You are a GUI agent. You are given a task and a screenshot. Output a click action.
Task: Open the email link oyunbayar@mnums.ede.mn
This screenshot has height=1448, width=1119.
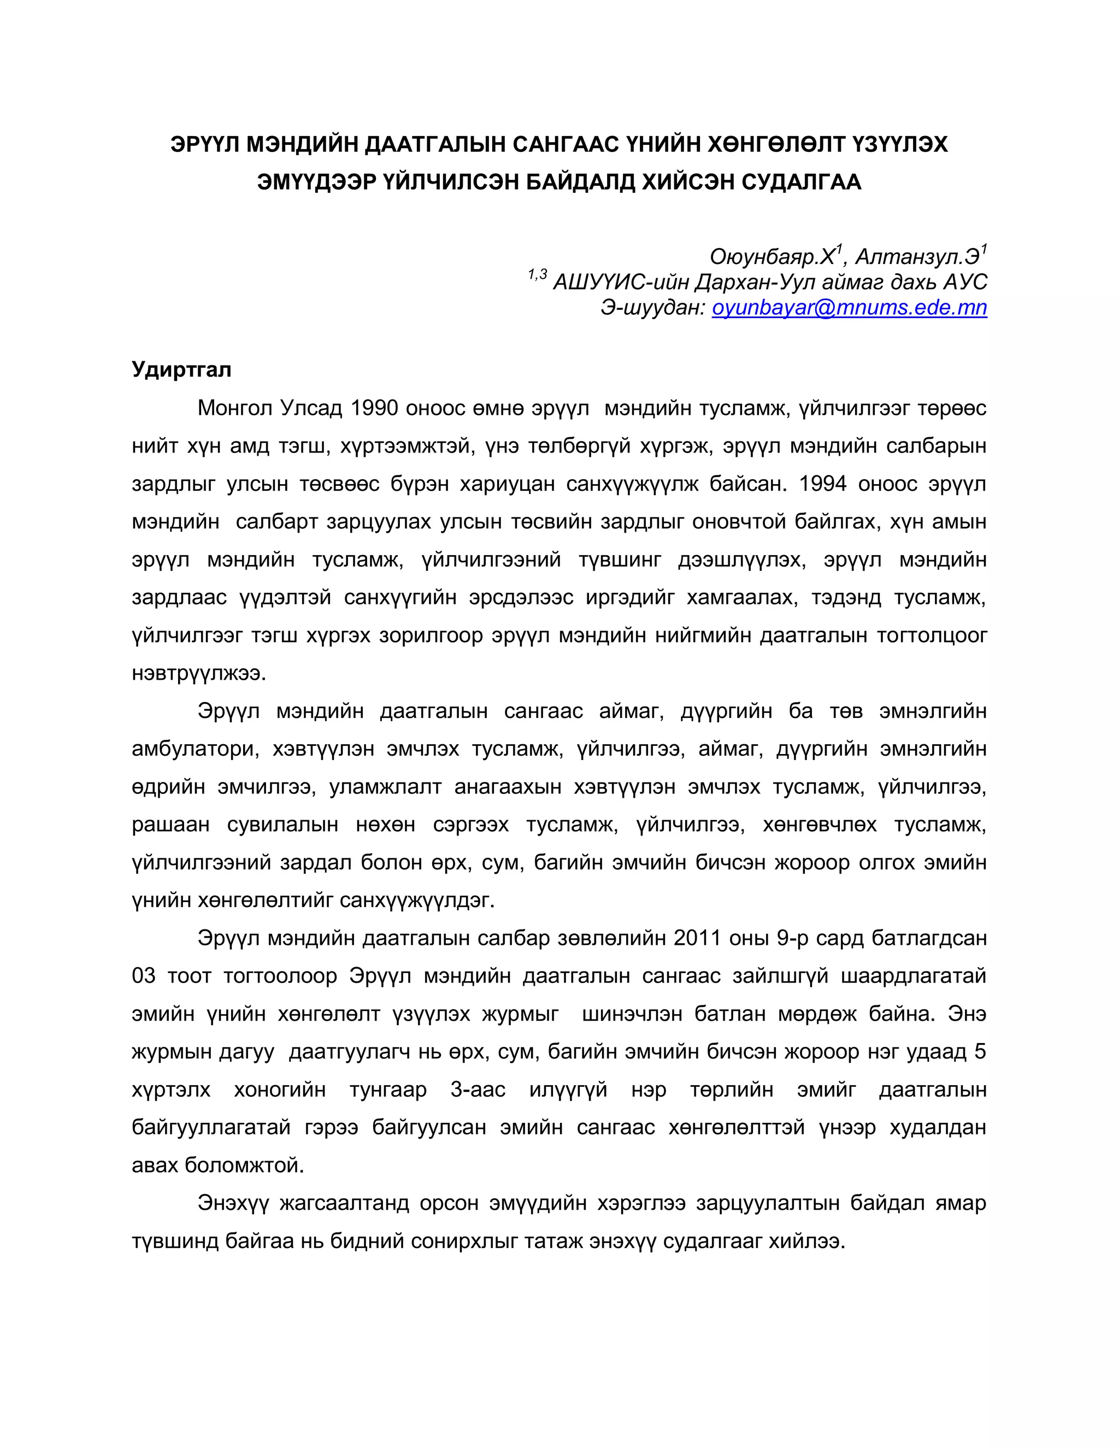(x=849, y=308)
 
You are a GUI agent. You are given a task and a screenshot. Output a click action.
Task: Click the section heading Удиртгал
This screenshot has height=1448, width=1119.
(x=181, y=369)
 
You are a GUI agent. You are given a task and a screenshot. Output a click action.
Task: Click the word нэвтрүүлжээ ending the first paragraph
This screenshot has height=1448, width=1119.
(x=198, y=674)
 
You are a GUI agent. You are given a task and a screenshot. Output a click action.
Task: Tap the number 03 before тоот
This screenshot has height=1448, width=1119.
(x=144, y=976)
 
